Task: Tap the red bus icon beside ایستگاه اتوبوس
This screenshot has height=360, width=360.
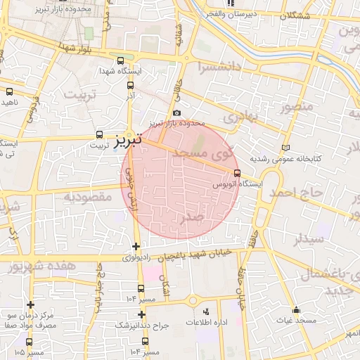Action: click(x=237, y=174)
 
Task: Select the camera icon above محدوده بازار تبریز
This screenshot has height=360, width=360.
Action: click(x=176, y=113)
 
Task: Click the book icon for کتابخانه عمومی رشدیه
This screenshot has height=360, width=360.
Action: click(x=284, y=148)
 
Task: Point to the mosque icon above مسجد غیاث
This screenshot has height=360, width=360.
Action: click(x=297, y=310)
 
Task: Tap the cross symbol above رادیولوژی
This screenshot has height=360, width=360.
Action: click(x=136, y=246)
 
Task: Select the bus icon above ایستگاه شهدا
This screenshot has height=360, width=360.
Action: click(x=120, y=61)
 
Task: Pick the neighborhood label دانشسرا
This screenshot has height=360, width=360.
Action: click(x=218, y=69)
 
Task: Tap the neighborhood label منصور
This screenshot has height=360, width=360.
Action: click(x=295, y=108)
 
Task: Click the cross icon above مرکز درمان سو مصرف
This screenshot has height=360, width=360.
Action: click(x=30, y=304)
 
